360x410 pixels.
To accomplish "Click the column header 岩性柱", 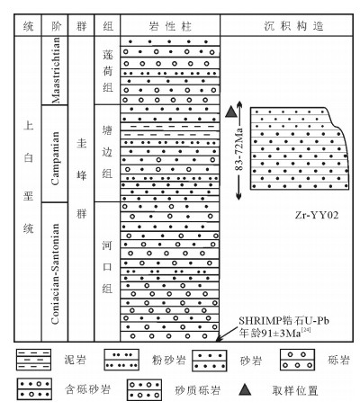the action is point(170,26).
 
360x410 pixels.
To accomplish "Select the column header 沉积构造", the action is point(293,26).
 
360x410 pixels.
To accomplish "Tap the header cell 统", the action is point(28,26).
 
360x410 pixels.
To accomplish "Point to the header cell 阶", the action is point(56,26).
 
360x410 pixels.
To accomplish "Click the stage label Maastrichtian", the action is point(56,70).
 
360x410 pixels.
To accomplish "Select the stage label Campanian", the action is point(55,158).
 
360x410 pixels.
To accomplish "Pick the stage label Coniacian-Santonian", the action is point(55,273).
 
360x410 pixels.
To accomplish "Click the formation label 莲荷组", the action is point(108,71).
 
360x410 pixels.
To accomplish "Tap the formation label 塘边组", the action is point(107,152).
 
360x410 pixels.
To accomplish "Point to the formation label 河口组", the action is point(107,267).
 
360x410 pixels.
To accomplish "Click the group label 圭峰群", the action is point(82,178).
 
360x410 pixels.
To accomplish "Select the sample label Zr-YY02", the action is point(317,215).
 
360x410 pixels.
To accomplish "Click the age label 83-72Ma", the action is point(238,149).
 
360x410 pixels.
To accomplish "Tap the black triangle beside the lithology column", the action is point(231,111).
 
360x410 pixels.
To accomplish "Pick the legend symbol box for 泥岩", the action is point(33,360).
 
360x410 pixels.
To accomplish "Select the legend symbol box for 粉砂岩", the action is point(121,360).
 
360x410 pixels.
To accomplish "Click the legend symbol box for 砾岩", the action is point(297,360).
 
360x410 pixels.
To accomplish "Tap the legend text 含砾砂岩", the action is point(87,389).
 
